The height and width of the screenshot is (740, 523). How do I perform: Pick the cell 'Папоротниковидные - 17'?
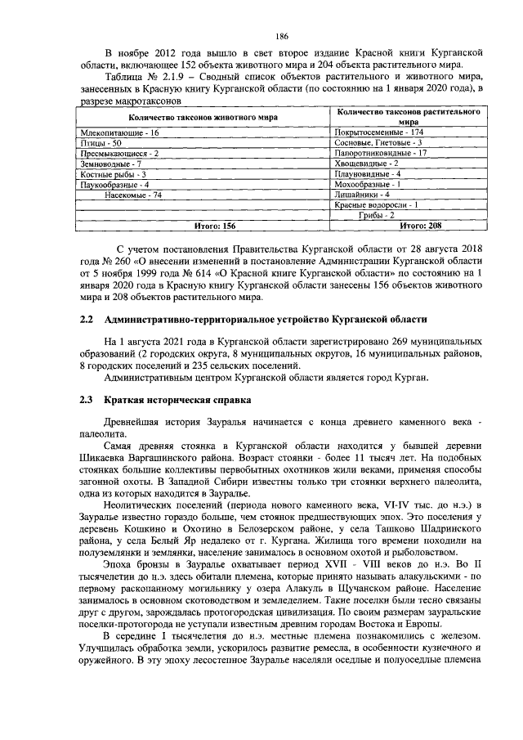381,153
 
